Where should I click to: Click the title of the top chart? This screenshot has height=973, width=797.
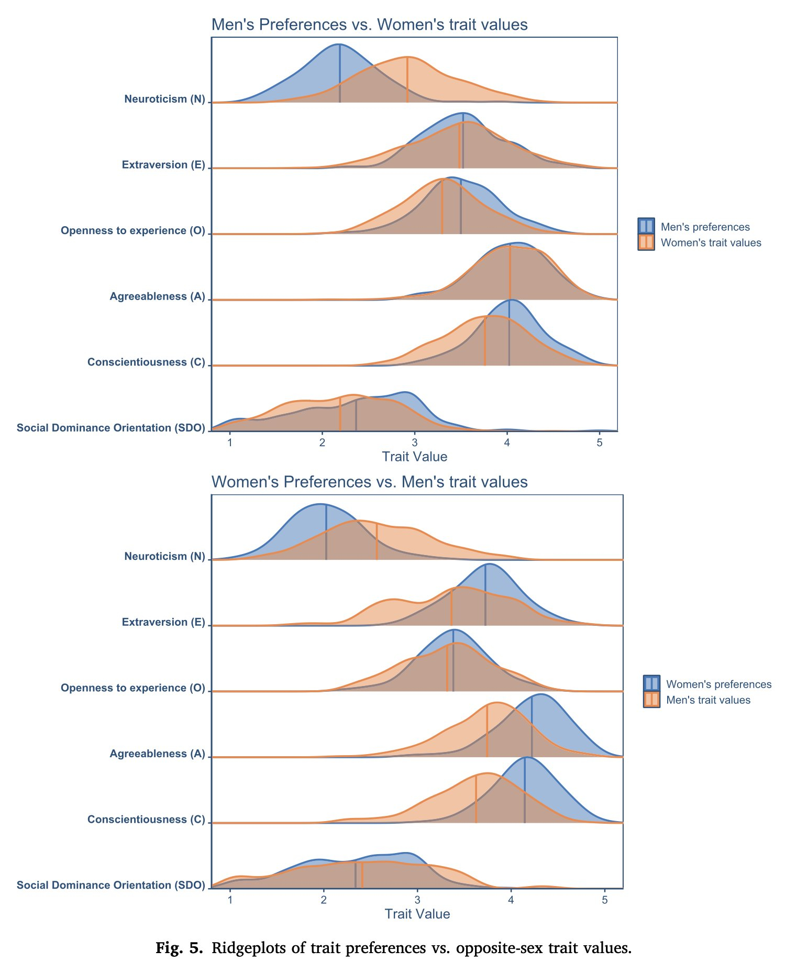point(369,25)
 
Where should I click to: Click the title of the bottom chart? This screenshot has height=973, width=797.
point(369,482)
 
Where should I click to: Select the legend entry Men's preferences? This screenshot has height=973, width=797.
point(705,227)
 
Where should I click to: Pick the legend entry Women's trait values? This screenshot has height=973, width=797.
point(711,242)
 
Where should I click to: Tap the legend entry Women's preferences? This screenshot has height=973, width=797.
point(718,684)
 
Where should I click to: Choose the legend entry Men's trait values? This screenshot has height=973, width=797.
point(708,700)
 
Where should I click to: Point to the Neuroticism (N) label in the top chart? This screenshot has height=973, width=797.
point(164,99)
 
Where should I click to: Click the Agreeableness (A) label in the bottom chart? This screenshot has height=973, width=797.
point(157,754)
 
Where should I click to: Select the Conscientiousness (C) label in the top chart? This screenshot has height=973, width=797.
point(146,362)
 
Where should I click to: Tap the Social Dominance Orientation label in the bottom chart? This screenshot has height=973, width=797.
point(110,885)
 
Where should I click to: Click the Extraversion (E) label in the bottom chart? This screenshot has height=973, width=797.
point(163,622)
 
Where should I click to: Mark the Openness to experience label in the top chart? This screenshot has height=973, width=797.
point(133,230)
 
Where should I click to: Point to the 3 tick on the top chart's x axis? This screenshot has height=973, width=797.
point(415,443)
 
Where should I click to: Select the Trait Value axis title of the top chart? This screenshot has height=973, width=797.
point(415,457)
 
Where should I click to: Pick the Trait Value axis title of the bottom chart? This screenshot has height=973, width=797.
point(417,914)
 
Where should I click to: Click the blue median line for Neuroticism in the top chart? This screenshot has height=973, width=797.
point(340,73)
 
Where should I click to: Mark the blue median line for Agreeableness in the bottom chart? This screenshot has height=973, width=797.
point(532,728)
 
